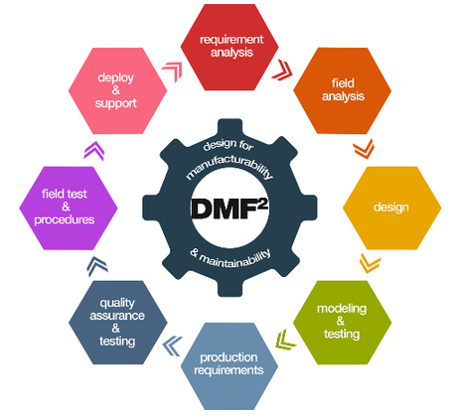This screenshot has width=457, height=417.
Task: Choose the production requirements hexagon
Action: tap(231, 363)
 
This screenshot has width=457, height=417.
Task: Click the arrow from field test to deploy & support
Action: tap(90, 149)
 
